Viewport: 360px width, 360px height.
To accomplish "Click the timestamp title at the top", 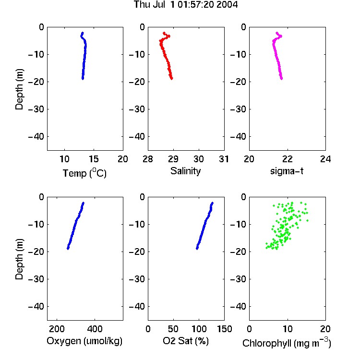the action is [186, 4].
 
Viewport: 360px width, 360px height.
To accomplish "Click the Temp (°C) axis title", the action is [84, 173].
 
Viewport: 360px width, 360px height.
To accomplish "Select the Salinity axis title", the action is [185, 171].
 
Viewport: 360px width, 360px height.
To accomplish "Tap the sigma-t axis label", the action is [287, 171].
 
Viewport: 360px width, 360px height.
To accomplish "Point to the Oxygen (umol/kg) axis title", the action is [84, 341].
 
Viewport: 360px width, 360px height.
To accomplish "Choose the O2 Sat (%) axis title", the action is [186, 341].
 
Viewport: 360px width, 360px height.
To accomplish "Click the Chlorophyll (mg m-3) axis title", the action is [287, 343].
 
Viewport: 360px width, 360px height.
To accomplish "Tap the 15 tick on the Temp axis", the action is [94, 159].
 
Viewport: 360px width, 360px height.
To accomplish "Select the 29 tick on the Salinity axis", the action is [173, 159].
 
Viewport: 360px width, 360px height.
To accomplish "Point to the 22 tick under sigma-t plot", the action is [287, 159].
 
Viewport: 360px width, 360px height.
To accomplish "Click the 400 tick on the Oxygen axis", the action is [95, 329].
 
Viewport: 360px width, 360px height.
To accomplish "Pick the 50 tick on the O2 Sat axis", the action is [173, 329].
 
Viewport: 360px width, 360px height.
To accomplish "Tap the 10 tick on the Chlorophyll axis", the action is [287, 329].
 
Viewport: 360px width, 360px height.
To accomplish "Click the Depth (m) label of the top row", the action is [19, 89].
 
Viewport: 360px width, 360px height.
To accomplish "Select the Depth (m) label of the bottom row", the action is [19, 259].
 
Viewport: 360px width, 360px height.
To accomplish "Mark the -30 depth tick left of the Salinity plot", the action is [137, 109].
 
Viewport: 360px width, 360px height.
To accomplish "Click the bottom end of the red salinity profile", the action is [171, 79].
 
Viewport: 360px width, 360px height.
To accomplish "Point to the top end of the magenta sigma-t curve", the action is [277, 33].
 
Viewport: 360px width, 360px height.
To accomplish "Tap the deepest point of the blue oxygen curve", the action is [68, 248].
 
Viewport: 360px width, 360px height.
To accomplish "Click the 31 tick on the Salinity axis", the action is [224, 159].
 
